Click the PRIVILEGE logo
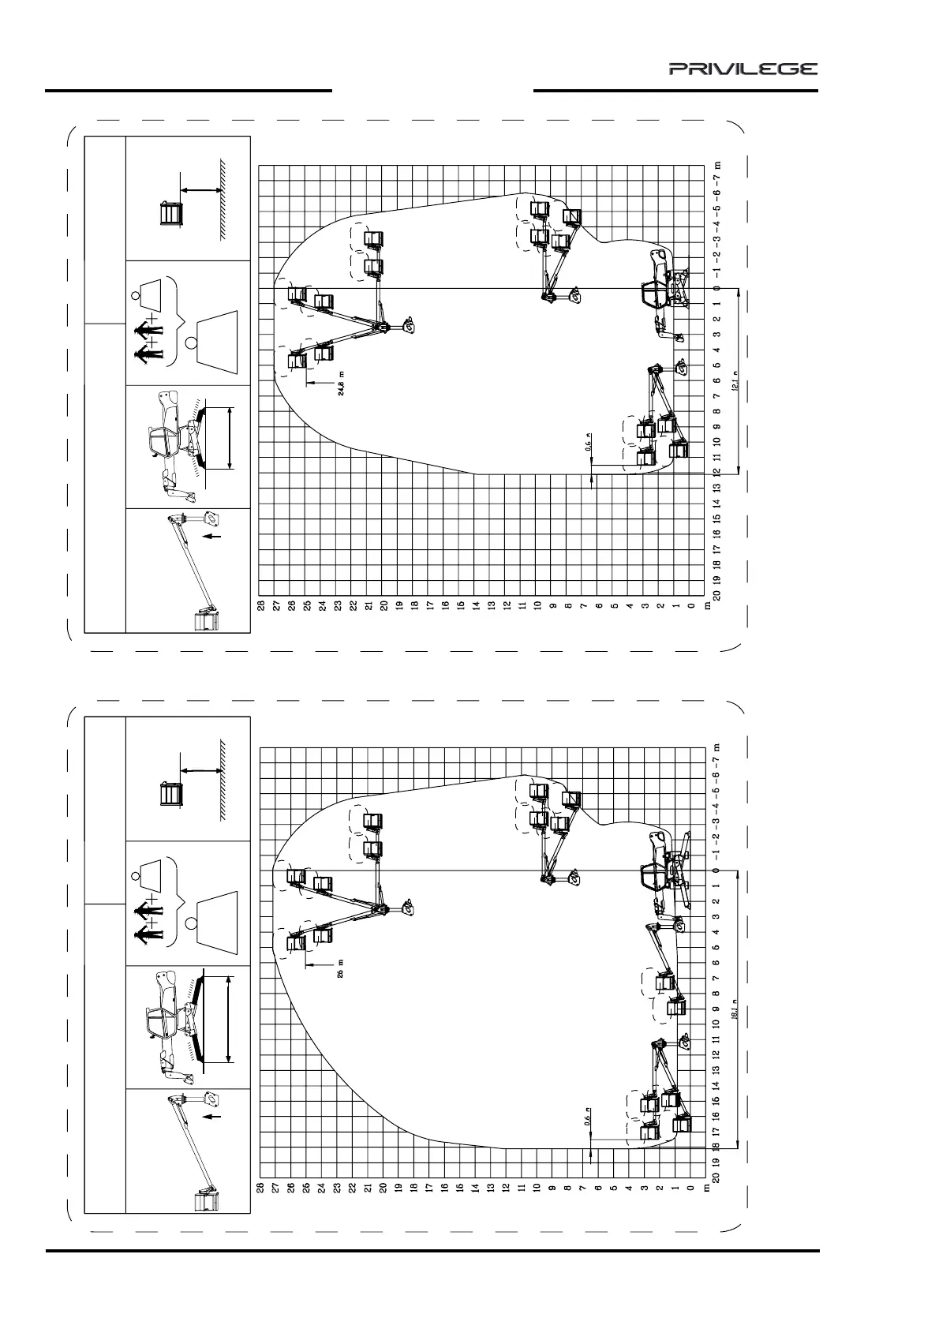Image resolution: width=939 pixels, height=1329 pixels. [743, 69]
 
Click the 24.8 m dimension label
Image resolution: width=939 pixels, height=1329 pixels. [342, 384]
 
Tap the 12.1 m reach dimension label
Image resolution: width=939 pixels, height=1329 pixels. [735, 382]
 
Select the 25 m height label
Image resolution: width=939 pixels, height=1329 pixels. [341, 969]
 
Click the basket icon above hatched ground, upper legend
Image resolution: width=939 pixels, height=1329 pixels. [171, 215]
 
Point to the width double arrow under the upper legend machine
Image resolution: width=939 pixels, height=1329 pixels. [230, 438]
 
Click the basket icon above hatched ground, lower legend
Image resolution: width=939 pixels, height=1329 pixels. [171, 794]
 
